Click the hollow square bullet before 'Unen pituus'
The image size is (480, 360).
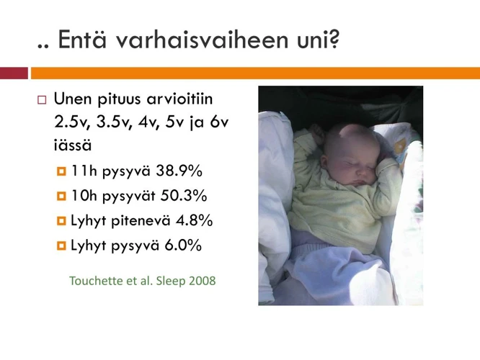42,98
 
